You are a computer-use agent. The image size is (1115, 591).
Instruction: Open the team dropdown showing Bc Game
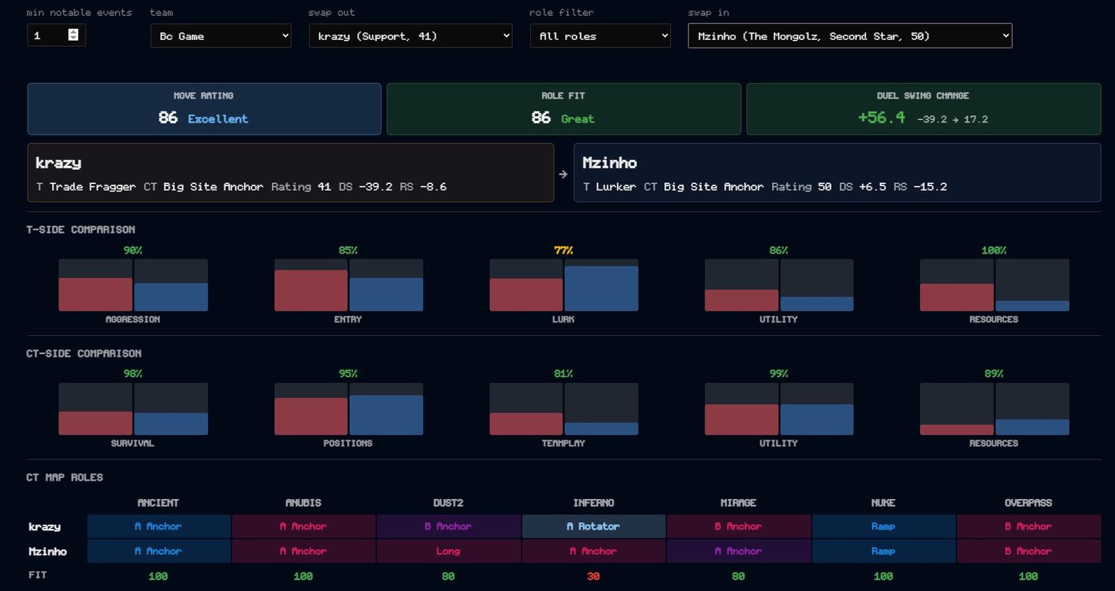pyautogui.click(x=220, y=36)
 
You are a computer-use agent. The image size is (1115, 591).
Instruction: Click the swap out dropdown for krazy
pyautogui.click(x=410, y=36)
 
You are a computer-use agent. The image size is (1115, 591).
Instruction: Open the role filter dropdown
pyautogui.click(x=600, y=36)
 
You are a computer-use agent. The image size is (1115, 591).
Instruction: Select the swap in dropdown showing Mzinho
pyautogui.click(x=849, y=36)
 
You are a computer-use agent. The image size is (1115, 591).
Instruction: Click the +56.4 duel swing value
pyautogui.click(x=882, y=118)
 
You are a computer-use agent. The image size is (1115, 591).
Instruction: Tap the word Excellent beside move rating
pyautogui.click(x=217, y=118)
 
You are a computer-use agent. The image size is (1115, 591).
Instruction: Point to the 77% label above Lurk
pyautogui.click(x=564, y=250)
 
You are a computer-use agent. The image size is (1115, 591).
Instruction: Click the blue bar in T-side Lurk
pyautogui.click(x=601, y=289)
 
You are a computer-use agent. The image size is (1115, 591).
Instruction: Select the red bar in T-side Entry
pyautogui.click(x=311, y=291)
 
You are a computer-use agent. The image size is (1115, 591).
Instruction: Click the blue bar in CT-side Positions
pyautogui.click(x=386, y=415)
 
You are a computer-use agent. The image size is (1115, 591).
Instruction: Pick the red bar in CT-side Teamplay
pyautogui.click(x=526, y=424)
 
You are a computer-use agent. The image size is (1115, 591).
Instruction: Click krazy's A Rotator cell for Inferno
pyautogui.click(x=593, y=526)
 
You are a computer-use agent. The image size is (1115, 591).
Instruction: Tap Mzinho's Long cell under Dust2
pyautogui.click(x=448, y=551)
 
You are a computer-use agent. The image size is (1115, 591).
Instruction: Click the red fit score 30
pyautogui.click(x=593, y=576)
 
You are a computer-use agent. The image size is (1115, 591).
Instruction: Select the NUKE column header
pyautogui.click(x=883, y=503)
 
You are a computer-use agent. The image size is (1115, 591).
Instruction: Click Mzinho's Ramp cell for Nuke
pyautogui.click(x=884, y=551)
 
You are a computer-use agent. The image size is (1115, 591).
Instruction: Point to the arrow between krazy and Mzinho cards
pyautogui.click(x=563, y=174)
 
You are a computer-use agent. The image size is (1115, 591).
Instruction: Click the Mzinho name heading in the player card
pyautogui.click(x=609, y=163)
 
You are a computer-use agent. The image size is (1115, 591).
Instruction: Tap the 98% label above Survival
pyautogui.click(x=133, y=374)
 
